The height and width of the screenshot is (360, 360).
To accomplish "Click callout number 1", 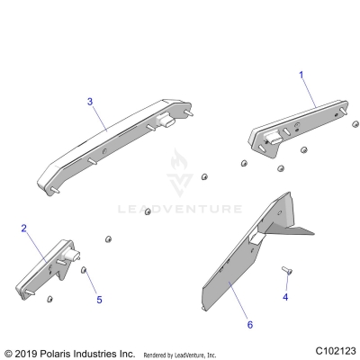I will click(301, 76).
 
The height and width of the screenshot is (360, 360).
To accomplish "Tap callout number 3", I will click(89, 102).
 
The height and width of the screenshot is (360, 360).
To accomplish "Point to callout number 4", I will click(285, 320).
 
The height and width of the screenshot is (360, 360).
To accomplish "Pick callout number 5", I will click(100, 299).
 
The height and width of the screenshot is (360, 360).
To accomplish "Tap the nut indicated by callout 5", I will click(84, 270).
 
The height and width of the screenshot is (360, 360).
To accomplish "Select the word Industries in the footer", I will click(101, 353).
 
